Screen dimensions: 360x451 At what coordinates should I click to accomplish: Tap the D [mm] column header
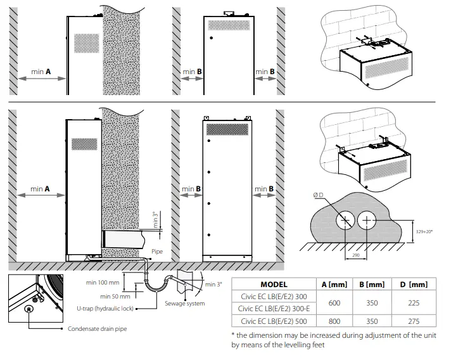(419, 285)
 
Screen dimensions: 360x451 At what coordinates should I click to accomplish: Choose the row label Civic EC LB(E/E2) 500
(274, 321)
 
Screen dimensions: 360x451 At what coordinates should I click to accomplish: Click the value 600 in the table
(335, 303)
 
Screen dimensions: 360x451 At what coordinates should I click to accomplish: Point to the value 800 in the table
(335, 321)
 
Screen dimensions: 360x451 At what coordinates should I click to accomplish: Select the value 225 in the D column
(419, 303)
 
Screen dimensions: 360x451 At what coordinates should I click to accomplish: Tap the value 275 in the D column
(419, 321)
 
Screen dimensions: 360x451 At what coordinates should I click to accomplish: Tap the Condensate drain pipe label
(97, 330)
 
